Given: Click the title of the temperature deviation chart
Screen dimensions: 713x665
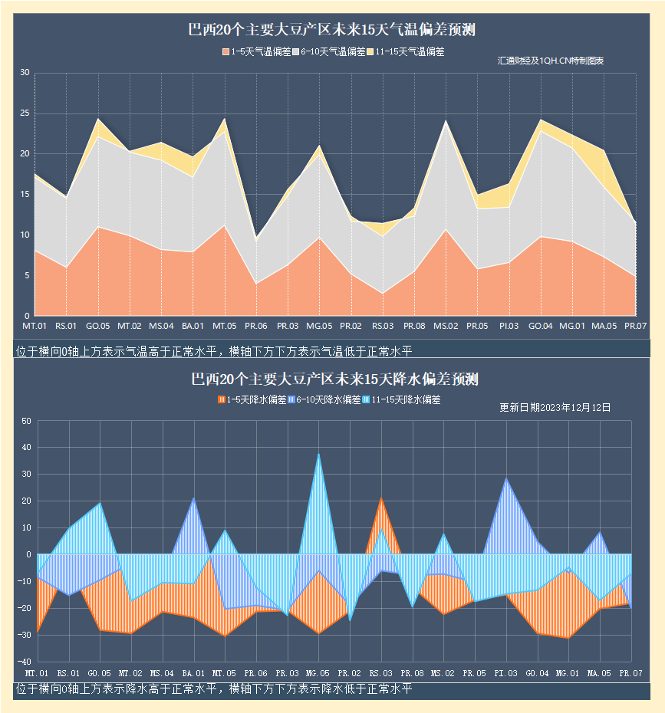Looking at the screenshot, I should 331,31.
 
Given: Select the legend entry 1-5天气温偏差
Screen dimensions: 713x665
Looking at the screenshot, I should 256,52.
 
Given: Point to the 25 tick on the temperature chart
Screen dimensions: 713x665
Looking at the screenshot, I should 24,113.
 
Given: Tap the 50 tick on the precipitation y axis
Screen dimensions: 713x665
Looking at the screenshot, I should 25,421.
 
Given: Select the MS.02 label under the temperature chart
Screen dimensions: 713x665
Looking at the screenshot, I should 445,326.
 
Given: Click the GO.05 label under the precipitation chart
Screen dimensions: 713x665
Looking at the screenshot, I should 99,672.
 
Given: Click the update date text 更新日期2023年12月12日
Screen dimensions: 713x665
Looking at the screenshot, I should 555,407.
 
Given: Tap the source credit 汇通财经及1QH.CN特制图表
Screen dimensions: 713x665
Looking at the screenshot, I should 551,61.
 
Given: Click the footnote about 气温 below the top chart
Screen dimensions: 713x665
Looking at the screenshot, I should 213,351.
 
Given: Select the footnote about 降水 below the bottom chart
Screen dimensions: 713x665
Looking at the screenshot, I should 213,688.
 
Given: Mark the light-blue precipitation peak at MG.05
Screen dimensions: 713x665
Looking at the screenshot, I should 319,455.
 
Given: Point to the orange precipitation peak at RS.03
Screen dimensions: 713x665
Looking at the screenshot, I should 381,499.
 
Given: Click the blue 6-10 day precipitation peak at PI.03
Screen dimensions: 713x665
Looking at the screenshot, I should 505,479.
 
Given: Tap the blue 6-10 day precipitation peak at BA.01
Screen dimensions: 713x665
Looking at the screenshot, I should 193,499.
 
